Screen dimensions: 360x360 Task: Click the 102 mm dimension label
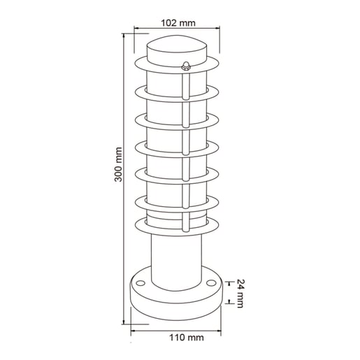coord(178,23)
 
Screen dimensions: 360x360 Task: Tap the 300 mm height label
coord(119,164)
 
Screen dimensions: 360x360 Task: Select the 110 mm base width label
coord(187,338)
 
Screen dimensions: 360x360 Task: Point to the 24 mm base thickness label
coord(240,294)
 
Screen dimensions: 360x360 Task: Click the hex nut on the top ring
coord(186,66)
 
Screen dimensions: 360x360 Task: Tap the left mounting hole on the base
coord(141,283)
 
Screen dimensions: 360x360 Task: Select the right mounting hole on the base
coord(211,283)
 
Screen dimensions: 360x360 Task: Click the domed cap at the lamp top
coord(177,45)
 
